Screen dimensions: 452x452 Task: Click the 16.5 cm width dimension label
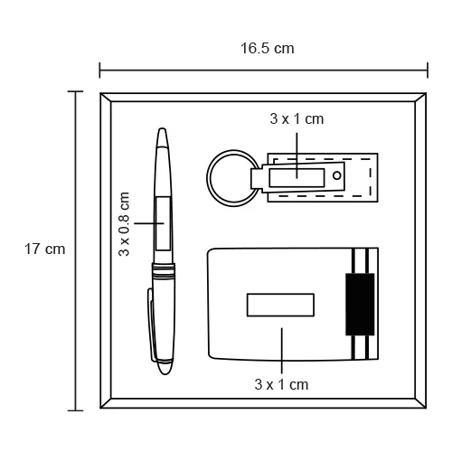(x=267, y=49)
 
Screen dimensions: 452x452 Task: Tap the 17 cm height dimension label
(x=44, y=250)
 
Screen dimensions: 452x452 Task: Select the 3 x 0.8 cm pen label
(x=124, y=224)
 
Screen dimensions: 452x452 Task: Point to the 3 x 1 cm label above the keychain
(x=297, y=119)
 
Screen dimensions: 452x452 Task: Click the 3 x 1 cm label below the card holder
(x=281, y=385)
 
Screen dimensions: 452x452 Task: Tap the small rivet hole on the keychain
(x=337, y=175)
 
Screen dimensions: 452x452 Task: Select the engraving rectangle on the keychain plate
(x=297, y=178)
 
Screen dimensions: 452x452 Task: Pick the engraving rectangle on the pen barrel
(x=163, y=223)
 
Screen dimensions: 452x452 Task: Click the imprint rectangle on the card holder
(x=280, y=305)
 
